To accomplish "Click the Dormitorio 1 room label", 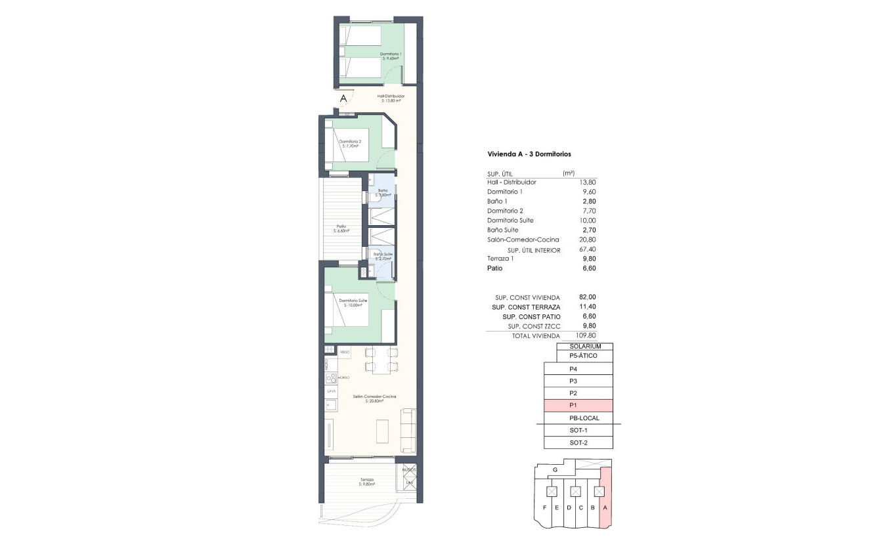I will click(x=391, y=56).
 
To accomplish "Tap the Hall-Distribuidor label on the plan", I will click(x=391, y=98).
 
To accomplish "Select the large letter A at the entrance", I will click(x=343, y=98).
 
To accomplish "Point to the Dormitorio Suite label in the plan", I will click(x=353, y=302).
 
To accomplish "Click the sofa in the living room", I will click(x=408, y=430).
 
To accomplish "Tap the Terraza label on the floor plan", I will click(x=367, y=481).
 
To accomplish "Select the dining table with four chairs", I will click(x=381, y=360).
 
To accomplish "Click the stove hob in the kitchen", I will click(x=332, y=378).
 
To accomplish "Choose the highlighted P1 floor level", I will click(x=578, y=406).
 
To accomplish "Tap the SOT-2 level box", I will click(x=578, y=442).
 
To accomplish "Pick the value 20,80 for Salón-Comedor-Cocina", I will click(x=588, y=240).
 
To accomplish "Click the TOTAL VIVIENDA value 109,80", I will click(x=586, y=335).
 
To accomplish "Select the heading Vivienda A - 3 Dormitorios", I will click(x=529, y=154).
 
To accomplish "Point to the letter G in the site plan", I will click(x=555, y=470).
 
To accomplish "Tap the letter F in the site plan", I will click(x=545, y=508).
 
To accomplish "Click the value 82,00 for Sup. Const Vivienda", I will click(x=588, y=297).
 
